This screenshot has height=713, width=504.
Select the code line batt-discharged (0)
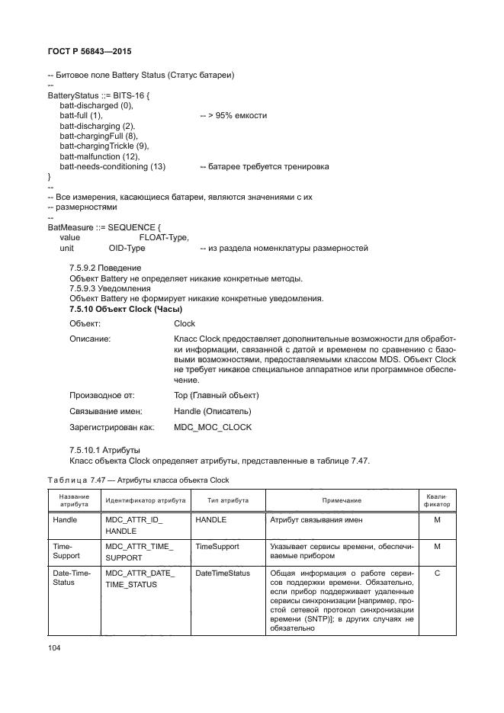click(96, 105)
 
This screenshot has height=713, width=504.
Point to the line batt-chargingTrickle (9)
click(104, 146)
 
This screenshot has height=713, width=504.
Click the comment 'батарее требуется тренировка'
click(265, 166)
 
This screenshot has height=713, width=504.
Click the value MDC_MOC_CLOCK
click(213, 427)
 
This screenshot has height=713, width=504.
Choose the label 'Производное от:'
click(102, 395)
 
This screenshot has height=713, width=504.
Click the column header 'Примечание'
click(340, 500)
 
